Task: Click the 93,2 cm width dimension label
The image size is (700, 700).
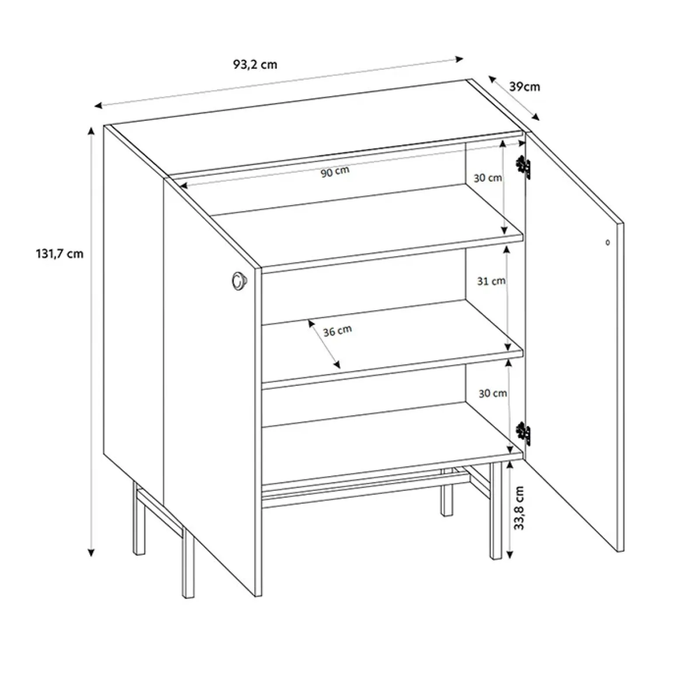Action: click(x=255, y=65)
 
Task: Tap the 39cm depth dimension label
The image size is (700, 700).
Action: click(x=525, y=87)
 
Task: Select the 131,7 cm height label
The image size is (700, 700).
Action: click(x=59, y=254)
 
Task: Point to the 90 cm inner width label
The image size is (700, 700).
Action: click(x=335, y=171)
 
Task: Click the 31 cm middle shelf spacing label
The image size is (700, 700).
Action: click(x=491, y=281)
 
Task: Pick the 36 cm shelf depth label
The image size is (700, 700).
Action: click(x=337, y=331)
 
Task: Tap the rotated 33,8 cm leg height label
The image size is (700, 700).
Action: click(x=519, y=508)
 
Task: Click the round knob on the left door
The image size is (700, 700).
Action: click(x=238, y=280)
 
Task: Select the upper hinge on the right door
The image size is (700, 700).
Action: click(x=523, y=167)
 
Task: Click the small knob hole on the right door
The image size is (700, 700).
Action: click(x=607, y=242)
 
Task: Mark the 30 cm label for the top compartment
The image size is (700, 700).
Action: click(x=488, y=178)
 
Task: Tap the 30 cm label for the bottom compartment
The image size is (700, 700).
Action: click(x=493, y=393)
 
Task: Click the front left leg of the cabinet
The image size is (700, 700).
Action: click(x=188, y=564)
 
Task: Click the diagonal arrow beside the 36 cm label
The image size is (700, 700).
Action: click(x=324, y=344)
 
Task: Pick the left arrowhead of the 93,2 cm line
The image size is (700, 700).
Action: click(x=99, y=105)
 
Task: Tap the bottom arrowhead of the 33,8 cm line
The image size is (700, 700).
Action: click(x=509, y=555)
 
